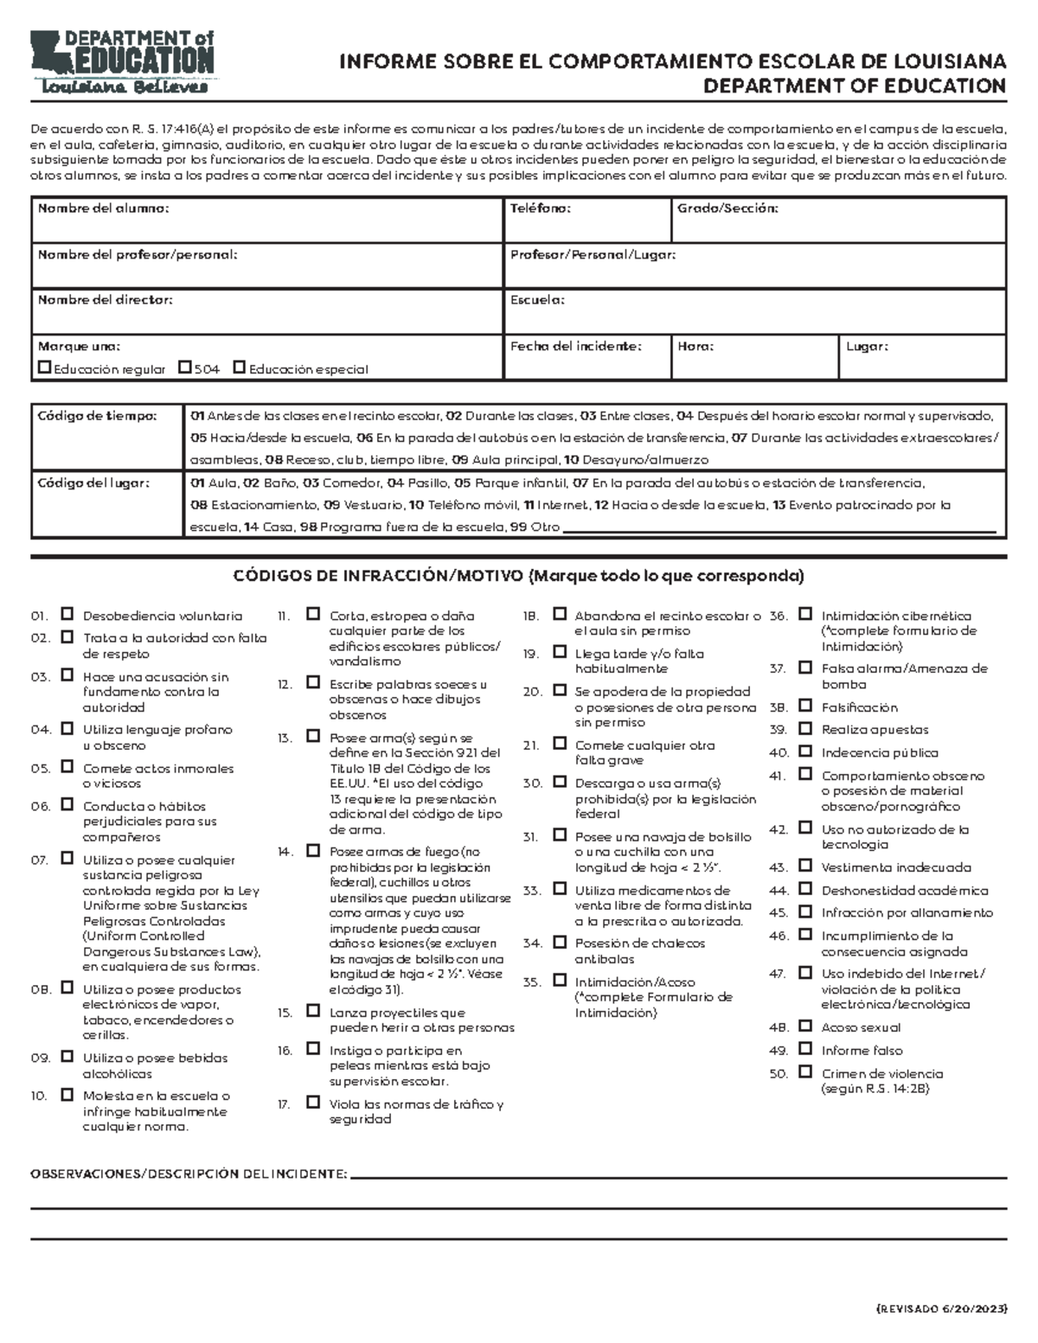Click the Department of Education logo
(x=121, y=62)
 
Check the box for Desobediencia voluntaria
(x=67, y=615)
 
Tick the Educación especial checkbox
(x=240, y=368)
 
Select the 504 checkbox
(x=184, y=368)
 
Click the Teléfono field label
(x=540, y=208)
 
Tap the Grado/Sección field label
(x=727, y=208)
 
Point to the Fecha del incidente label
(x=575, y=346)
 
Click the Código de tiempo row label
(x=97, y=416)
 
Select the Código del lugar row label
(x=93, y=483)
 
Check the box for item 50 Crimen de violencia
(x=805, y=1072)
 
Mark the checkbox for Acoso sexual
(x=805, y=1026)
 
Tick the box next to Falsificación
(x=805, y=707)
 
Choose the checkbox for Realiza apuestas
(x=805, y=729)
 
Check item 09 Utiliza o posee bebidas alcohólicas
(x=67, y=1057)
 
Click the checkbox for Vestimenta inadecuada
(x=805, y=867)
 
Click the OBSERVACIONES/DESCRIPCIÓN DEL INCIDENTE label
(x=189, y=1174)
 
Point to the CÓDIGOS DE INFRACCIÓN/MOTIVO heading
(x=518, y=576)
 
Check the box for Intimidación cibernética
(x=805, y=615)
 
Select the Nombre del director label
(x=105, y=300)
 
